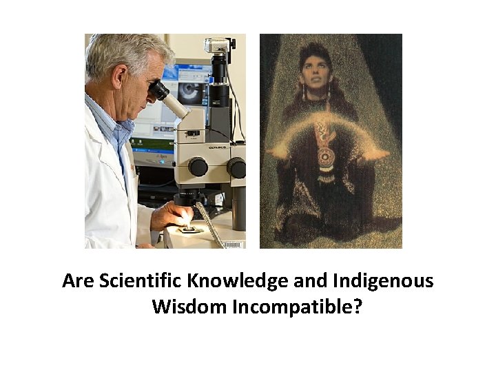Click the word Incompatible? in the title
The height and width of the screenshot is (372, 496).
[297, 306]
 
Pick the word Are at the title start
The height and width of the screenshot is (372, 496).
[79, 281]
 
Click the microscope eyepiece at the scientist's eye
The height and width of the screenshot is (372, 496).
[160, 90]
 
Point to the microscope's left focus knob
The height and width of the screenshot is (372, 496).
[198, 167]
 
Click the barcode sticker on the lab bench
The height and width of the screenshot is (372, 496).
[234, 244]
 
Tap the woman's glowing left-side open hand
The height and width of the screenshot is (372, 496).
[278, 149]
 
